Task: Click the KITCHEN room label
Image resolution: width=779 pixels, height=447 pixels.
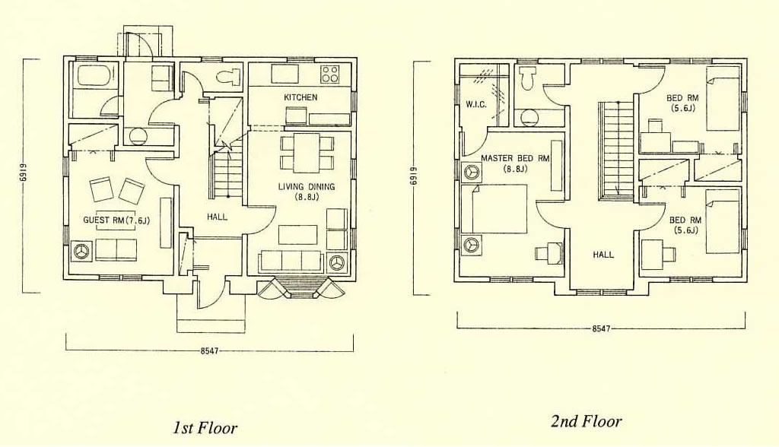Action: pos(300,97)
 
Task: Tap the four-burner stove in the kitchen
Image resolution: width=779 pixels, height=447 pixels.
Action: pos(330,74)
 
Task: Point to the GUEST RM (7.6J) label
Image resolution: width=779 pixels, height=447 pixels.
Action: pos(116,220)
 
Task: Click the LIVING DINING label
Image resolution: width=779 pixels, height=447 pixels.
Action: pos(306,187)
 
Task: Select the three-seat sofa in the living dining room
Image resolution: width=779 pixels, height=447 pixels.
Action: pos(291,260)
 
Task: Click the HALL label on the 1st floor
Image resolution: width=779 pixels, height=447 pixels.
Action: pos(217,217)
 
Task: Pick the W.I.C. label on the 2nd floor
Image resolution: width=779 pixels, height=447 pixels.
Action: pos(476,105)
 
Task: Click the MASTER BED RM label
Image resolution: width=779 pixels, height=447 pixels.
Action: pos(515,158)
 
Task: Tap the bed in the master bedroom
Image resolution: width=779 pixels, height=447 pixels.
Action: pos(494,208)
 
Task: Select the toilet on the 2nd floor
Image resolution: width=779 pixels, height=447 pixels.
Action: pos(526,78)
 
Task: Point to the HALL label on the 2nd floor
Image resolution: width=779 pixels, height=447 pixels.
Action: pos(603,255)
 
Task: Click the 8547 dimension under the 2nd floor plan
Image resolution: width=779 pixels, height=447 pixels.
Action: pos(601,328)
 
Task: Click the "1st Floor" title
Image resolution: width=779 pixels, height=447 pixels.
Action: pos(205,427)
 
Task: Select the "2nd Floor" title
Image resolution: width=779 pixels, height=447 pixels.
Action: pos(587,422)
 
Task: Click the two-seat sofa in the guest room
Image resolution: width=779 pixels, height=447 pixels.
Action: pos(116,250)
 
